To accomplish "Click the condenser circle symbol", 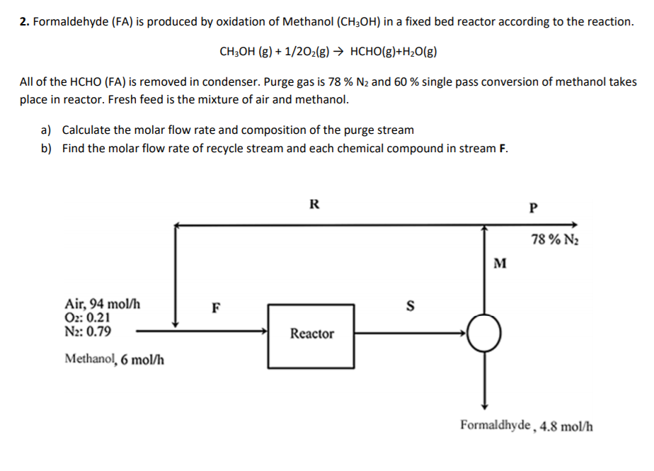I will (484, 334).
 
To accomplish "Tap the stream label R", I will (314, 205).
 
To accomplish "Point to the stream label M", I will (500, 264).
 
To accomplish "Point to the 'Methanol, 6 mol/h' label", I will (115, 359).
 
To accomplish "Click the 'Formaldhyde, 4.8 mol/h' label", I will (527, 426).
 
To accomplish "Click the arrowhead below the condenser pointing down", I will (484, 404).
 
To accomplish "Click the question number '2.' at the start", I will (24, 21).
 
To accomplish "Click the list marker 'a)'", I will (47, 130).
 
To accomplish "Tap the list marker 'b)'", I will (47, 149).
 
